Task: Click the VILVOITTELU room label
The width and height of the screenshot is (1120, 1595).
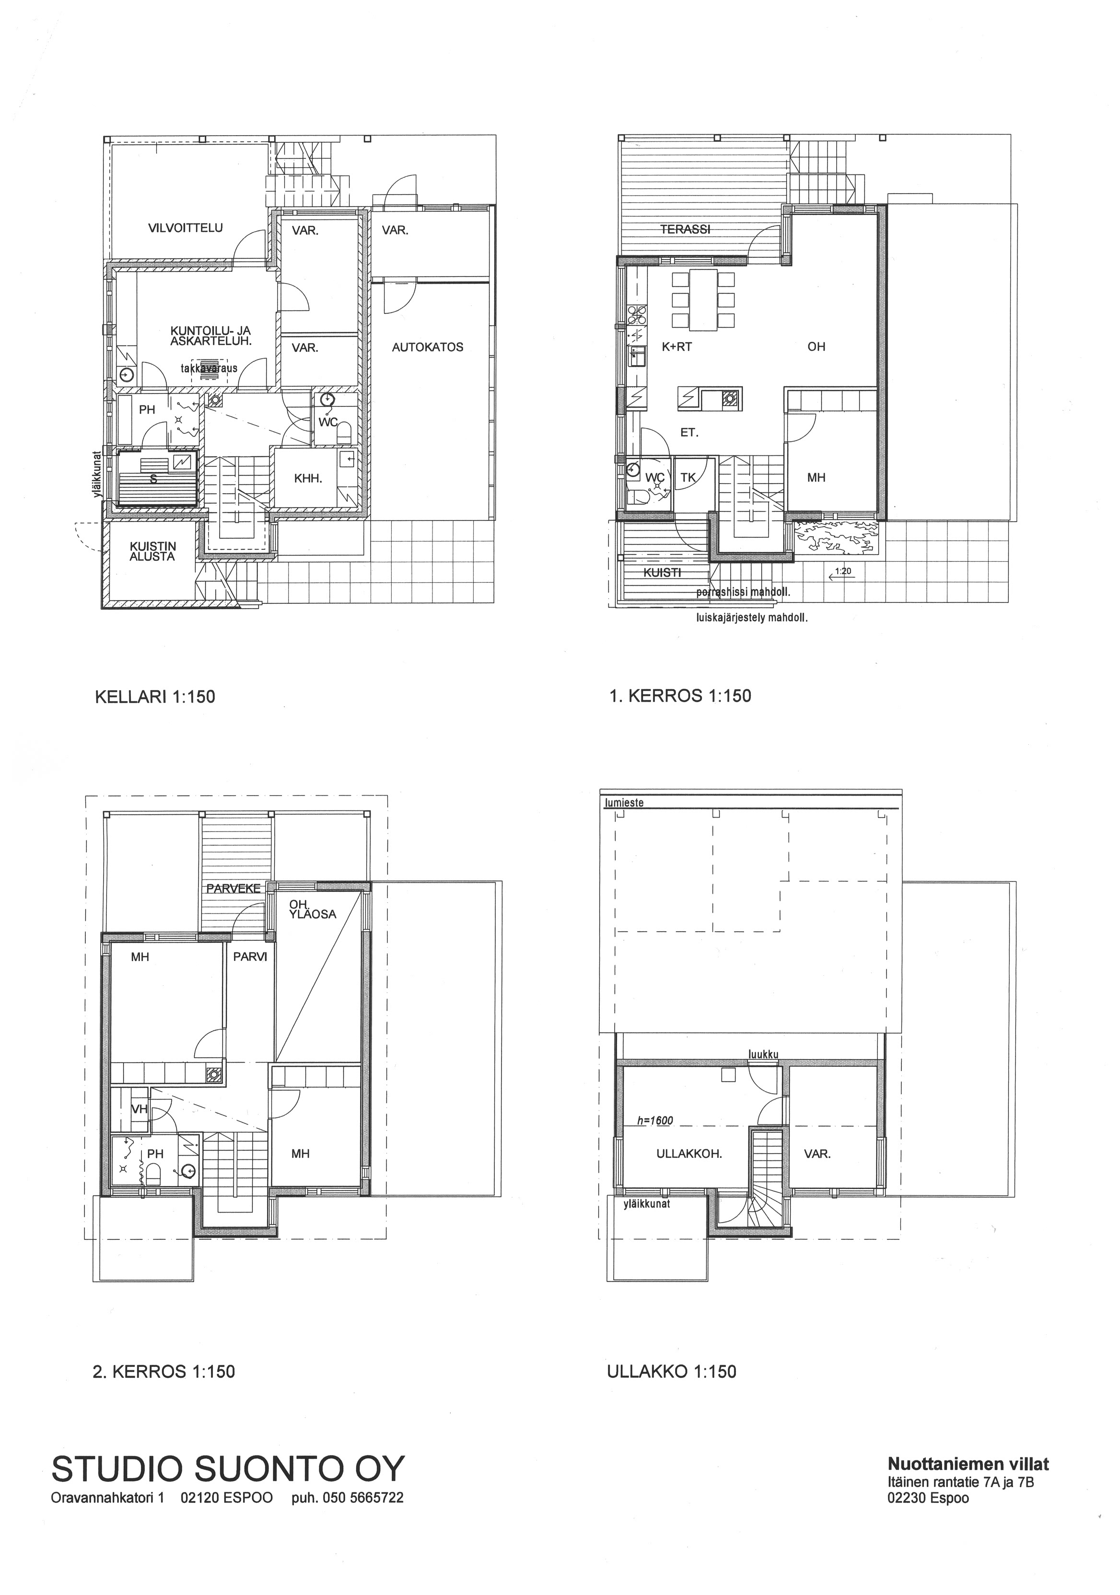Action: point(186,228)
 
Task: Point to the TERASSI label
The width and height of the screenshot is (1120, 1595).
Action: point(685,229)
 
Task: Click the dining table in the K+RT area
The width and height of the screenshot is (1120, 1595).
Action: point(704,300)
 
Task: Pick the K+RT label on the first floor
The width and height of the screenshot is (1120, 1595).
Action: point(677,347)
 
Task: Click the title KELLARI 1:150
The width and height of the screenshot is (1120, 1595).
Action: point(155,697)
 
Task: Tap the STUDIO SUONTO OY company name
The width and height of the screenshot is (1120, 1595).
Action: point(228,1470)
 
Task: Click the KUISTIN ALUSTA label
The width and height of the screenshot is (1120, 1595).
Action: point(152,552)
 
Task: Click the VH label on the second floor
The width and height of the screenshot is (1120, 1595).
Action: point(140,1110)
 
